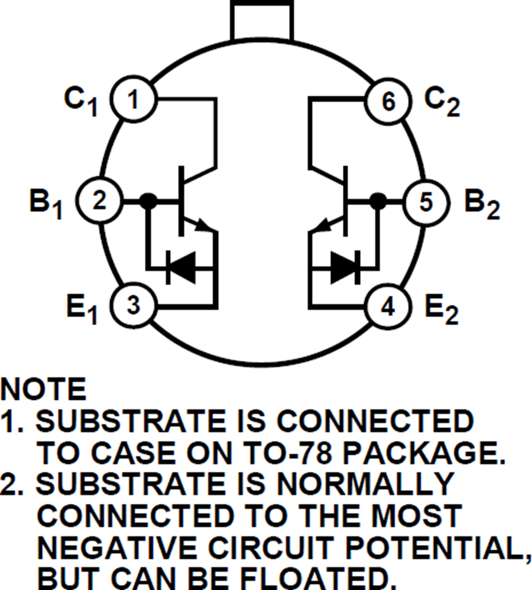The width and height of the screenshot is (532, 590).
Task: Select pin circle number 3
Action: click(134, 305)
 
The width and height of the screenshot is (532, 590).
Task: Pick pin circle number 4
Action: click(388, 305)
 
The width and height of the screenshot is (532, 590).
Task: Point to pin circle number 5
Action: click(426, 202)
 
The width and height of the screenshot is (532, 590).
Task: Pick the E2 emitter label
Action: click(442, 308)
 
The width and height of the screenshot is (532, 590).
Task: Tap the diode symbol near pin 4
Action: click(346, 268)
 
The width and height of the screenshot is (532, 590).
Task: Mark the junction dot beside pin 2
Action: click(150, 201)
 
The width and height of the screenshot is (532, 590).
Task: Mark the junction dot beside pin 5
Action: click(377, 201)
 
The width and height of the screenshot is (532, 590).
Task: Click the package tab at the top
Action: click(262, 19)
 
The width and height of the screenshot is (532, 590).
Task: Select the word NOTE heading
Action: click(44, 390)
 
